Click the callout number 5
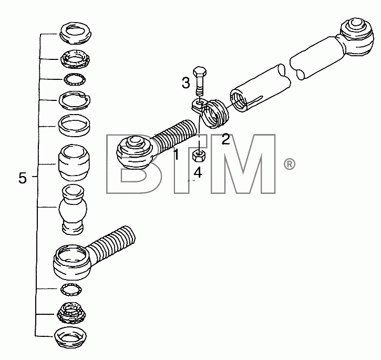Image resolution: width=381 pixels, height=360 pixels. pyautogui.click(x=23, y=178)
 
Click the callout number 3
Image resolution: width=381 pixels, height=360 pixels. pyautogui.click(x=186, y=83)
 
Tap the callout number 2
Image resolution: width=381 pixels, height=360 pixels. pyautogui.click(x=226, y=140)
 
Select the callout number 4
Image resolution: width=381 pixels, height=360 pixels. pyautogui.click(x=198, y=173)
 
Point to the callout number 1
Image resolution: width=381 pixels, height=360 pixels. pyautogui.click(x=177, y=155)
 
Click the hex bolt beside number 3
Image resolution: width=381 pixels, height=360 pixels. pyautogui.click(x=200, y=81)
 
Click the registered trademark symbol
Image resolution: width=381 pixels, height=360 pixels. pyautogui.click(x=290, y=164)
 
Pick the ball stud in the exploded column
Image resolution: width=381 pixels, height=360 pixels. pyautogui.click(x=73, y=210)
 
